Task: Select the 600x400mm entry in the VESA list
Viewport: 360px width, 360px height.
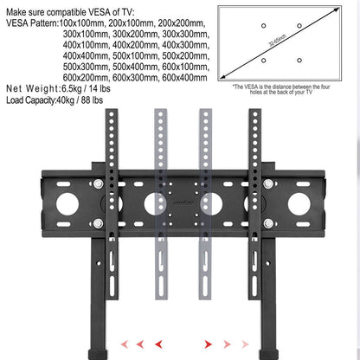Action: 183,79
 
